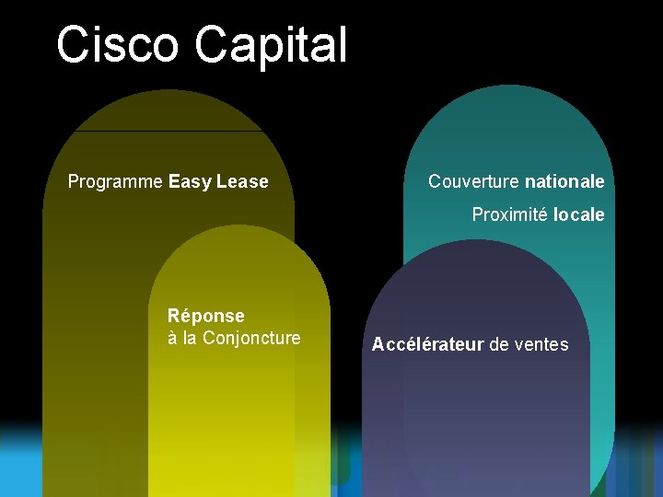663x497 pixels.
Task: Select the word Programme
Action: (115, 182)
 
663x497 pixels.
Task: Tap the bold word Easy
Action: (190, 182)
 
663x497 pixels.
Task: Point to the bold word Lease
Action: (242, 182)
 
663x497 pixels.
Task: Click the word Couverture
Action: (473, 182)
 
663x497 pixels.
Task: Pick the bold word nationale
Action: (564, 182)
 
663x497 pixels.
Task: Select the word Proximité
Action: (510, 214)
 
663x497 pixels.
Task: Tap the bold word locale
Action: (579, 214)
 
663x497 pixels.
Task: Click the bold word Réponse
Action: (206, 316)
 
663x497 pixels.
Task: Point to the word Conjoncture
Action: (251, 338)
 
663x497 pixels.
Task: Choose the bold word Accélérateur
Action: (427, 345)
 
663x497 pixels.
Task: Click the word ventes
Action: (542, 345)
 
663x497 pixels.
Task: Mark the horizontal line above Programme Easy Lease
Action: (169, 131)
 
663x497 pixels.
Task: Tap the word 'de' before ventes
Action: (500, 345)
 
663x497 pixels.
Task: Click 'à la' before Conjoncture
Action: (182, 338)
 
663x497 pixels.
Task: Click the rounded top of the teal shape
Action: (508, 110)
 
